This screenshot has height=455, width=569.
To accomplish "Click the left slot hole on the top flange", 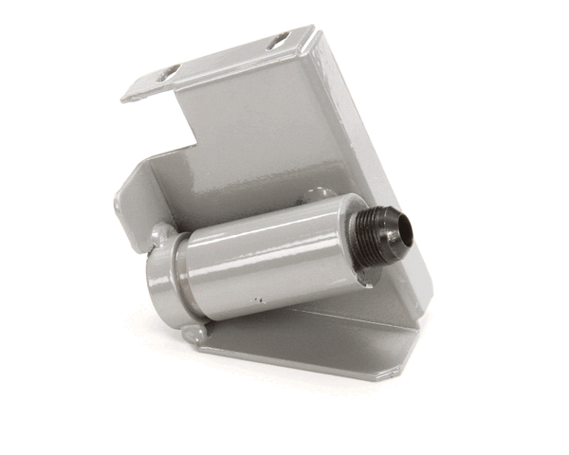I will click(x=169, y=72).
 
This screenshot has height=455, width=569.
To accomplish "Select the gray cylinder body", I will click(x=275, y=256).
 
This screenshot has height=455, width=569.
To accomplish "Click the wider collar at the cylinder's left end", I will click(x=164, y=277).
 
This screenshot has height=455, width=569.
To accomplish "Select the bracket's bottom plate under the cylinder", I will click(x=313, y=341).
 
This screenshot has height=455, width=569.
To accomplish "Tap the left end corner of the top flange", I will click(x=126, y=94).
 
